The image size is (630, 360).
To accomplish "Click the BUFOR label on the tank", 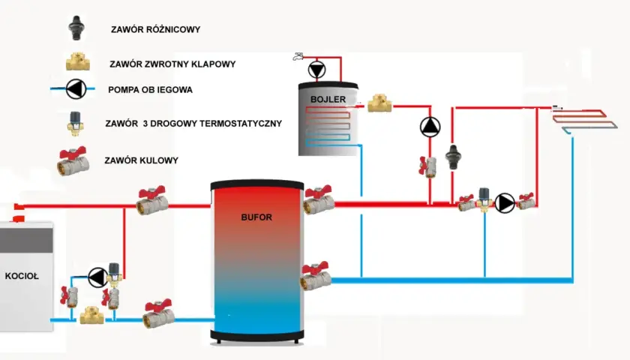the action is (256, 217).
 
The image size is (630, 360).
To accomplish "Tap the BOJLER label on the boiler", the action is (328, 99).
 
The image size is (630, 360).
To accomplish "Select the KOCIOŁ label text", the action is (22, 276).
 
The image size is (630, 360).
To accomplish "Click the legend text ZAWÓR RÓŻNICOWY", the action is (155, 29).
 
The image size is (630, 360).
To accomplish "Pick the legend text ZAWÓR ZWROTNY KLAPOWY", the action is (172, 64).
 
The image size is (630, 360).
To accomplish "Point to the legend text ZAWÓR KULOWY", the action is (142, 160).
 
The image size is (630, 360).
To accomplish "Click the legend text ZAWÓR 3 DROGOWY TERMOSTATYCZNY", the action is (193, 123).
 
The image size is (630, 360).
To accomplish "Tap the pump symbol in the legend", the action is (76, 88).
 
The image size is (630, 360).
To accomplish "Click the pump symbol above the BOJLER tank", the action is (317, 70).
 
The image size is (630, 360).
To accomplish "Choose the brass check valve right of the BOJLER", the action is (379, 103).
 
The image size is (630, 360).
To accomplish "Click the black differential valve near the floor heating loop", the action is (453, 157).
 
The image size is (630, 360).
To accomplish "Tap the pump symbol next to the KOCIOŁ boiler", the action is (97, 277).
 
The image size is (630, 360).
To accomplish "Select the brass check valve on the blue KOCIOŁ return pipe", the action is (92, 316).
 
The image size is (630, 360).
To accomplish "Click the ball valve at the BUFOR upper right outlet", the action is (319, 199).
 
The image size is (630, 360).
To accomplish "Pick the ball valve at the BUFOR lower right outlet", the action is (316, 276).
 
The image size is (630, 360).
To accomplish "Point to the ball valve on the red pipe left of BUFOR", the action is (152, 200).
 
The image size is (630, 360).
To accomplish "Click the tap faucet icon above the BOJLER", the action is (298, 57).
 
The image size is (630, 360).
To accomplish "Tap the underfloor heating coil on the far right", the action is (584, 120).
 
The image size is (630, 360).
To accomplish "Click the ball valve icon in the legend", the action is (73, 161).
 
